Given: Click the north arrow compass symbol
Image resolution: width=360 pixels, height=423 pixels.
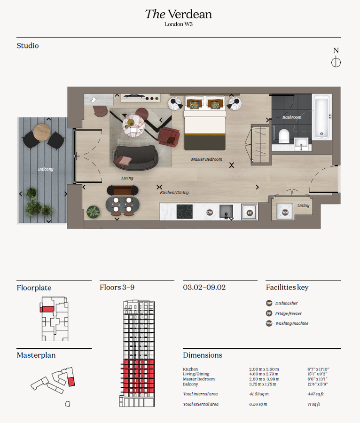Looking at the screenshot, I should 336,62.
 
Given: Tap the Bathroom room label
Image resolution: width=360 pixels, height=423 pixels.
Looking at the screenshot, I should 291,117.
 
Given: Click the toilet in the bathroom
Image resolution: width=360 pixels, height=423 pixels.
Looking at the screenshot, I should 284,136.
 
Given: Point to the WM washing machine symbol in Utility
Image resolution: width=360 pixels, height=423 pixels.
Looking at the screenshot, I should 285,212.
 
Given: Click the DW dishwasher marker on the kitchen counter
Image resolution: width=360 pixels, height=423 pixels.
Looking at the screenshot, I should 210,212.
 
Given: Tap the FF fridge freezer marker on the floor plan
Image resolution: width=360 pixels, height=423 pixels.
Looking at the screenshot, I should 249,212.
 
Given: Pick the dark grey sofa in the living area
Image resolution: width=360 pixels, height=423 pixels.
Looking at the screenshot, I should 136,157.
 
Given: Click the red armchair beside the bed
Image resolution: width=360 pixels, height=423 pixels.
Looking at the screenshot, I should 169,137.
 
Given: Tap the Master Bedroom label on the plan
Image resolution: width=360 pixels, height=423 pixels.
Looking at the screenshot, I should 206,159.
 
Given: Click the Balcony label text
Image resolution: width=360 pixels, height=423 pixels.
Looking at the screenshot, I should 46,169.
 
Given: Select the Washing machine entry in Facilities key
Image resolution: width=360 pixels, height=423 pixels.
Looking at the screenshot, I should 291,323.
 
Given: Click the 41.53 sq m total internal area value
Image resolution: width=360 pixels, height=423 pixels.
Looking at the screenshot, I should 258,394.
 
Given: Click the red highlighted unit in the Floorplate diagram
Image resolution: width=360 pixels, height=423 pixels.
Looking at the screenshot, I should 47,309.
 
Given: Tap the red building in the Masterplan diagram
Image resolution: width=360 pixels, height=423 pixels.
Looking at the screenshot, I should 71,381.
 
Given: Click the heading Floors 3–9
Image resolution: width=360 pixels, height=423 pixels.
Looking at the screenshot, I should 117,287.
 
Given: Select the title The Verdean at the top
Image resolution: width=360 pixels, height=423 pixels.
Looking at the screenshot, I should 179,14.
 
